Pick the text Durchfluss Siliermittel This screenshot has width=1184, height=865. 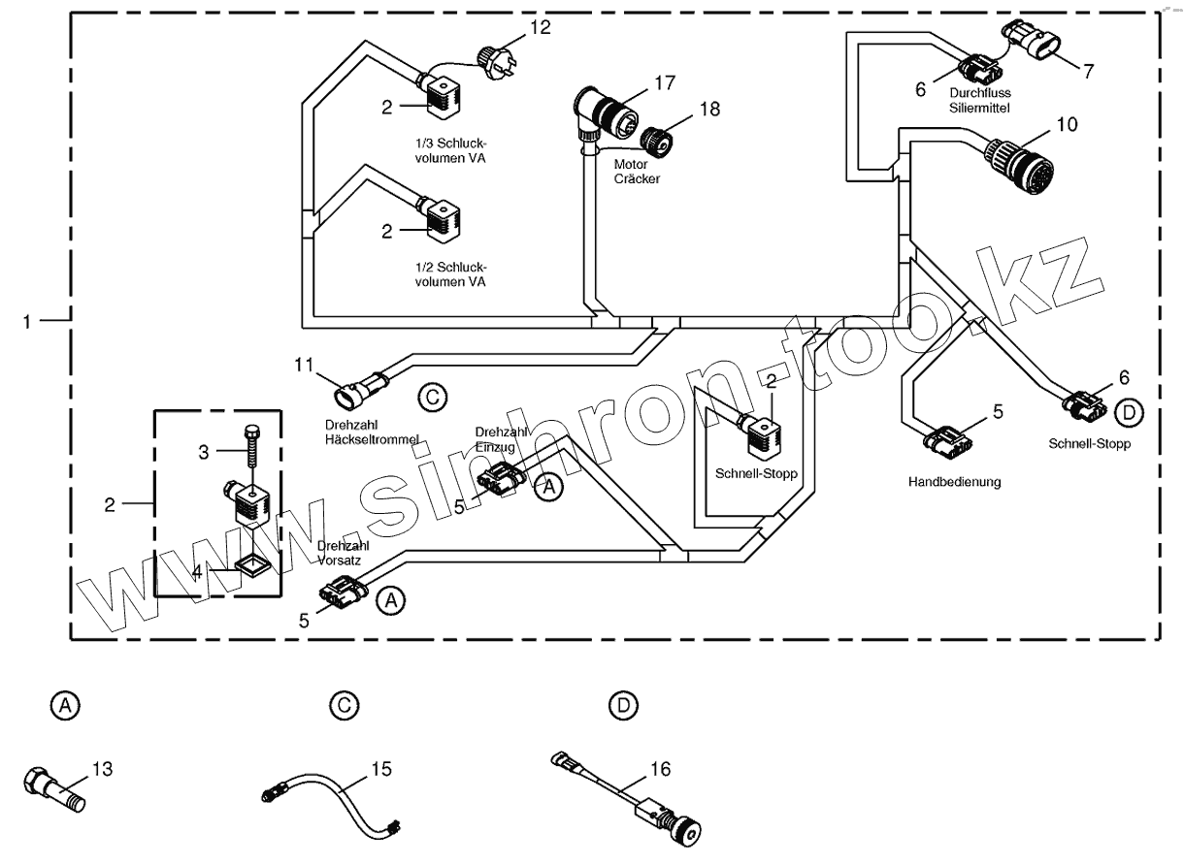[x=986, y=100]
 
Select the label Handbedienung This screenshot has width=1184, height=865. [x=954, y=481]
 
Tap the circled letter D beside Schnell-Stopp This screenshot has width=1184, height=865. [x=1129, y=413]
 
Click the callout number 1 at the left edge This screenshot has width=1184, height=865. [x=29, y=320]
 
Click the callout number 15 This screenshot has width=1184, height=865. [x=380, y=769]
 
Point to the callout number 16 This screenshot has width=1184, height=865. [x=659, y=769]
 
